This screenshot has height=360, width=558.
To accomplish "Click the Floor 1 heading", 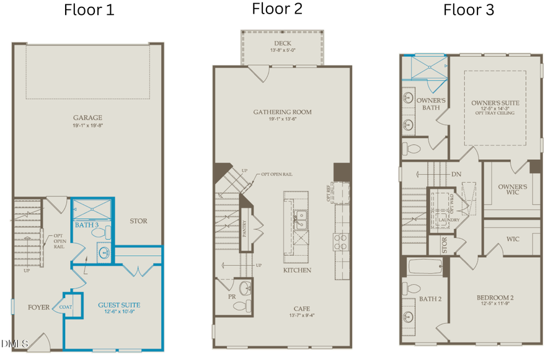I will pyautogui.click(x=89, y=11).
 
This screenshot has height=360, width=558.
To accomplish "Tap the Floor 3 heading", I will pyautogui.click(x=468, y=11).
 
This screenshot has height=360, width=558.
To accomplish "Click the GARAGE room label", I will pyautogui.click(x=87, y=118).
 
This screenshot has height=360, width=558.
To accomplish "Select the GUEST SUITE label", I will pyautogui.click(x=119, y=305).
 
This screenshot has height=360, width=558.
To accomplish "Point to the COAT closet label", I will pyautogui.click(x=66, y=307).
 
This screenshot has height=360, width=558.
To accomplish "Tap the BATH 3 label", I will pyautogui.click(x=87, y=224).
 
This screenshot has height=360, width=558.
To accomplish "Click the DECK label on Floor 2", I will pyautogui.click(x=282, y=43).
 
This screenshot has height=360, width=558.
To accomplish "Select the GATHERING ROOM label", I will pyautogui.click(x=282, y=112).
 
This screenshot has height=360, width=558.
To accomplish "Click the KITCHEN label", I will pyautogui.click(x=297, y=271).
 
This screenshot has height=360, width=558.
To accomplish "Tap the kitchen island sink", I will pyautogui.click(x=300, y=217).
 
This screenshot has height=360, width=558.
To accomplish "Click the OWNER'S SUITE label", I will pyautogui.click(x=495, y=102).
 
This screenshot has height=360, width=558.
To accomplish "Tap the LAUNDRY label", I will pyautogui.click(x=448, y=219).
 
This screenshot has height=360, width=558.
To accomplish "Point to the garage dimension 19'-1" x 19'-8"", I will pyautogui.click(x=87, y=125).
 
